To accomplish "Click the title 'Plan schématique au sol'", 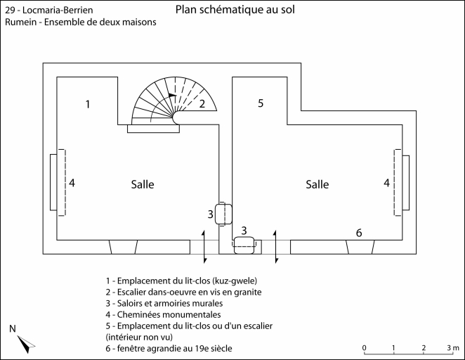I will [235, 10].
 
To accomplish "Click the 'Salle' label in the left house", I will [142, 184].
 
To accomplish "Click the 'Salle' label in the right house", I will [317, 184].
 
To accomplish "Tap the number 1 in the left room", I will [88, 105].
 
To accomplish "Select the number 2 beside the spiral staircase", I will [202, 105].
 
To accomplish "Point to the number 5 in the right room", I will [260, 103].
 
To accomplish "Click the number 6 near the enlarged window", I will [359, 233].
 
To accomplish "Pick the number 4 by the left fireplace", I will [72, 183].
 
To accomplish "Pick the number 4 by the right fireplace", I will [386, 183].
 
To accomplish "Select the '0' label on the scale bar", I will [364, 348].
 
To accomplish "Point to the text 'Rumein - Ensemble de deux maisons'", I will [80, 22].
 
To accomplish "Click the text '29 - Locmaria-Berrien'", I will [48, 11].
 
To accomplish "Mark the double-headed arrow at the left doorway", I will [204, 246].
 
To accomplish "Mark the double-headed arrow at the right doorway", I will [276, 246].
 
